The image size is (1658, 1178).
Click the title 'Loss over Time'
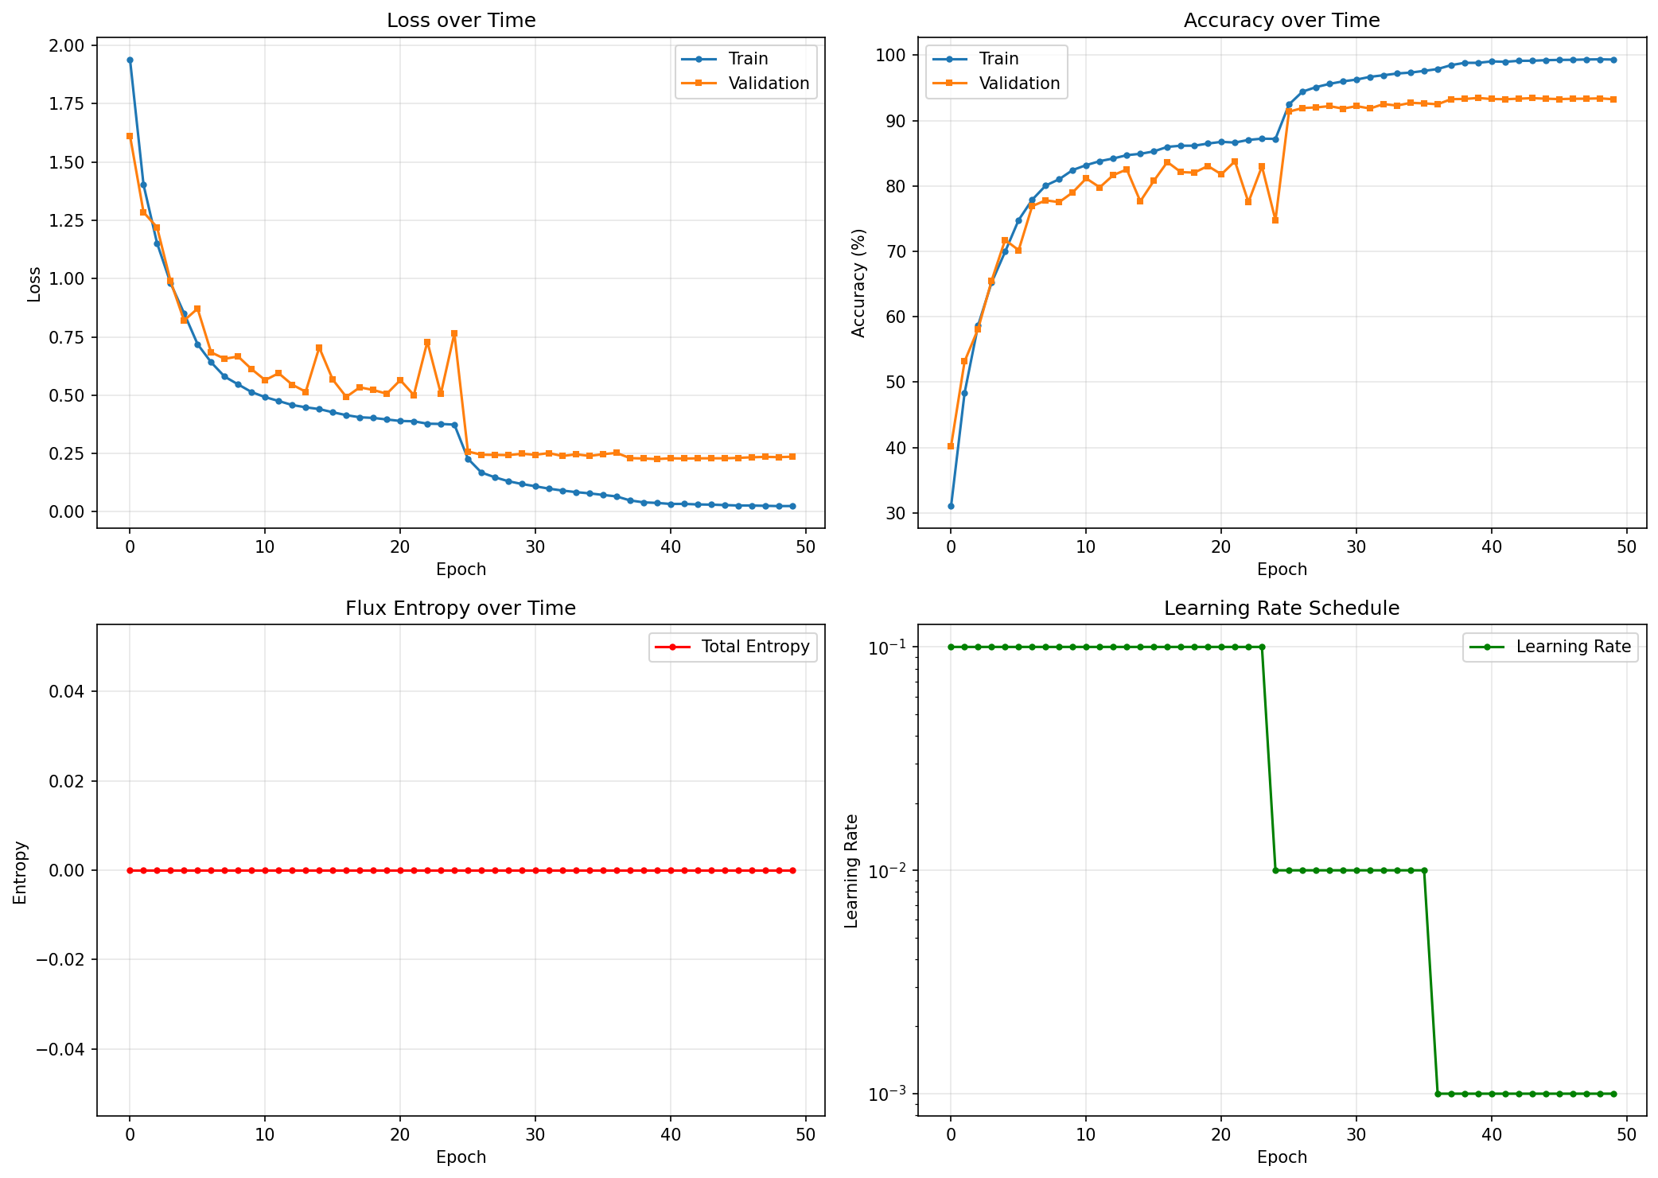(461, 21)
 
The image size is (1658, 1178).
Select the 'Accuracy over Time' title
(1282, 21)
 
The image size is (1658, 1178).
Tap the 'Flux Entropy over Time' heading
(461, 608)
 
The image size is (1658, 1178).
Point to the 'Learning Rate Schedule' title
(1282, 608)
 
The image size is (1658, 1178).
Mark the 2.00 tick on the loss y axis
(67, 45)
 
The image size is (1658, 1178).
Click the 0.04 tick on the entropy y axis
(67, 691)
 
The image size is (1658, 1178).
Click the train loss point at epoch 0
(130, 60)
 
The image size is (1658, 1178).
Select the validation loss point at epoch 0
(130, 136)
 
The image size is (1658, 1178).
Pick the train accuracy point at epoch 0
(951, 506)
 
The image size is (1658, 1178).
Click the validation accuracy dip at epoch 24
(1275, 220)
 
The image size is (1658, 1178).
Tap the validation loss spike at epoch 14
(319, 348)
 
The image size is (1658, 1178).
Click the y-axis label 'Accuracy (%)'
(858, 283)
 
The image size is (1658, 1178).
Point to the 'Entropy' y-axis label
(20, 872)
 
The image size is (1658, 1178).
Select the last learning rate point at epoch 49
(1613, 1094)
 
